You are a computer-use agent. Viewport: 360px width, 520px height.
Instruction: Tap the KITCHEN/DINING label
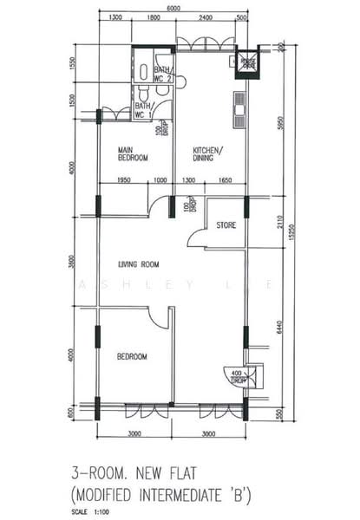[207, 154]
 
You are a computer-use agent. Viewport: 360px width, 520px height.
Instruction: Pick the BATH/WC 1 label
[144, 111]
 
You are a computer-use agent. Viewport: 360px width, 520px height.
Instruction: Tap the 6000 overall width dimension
[173, 8]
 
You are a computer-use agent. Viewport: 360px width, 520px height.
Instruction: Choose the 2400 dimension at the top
[205, 18]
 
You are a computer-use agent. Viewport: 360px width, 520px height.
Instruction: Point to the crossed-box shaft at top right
[248, 62]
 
